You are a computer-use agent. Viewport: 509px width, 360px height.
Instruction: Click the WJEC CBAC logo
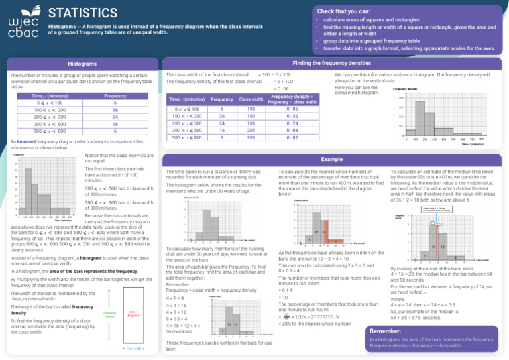point(22,24)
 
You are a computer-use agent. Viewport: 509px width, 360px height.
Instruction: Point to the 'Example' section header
point(331,160)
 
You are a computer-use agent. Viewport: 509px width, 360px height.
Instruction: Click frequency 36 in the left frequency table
point(115,110)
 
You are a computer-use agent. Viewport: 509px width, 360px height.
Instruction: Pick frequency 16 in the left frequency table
point(115,124)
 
